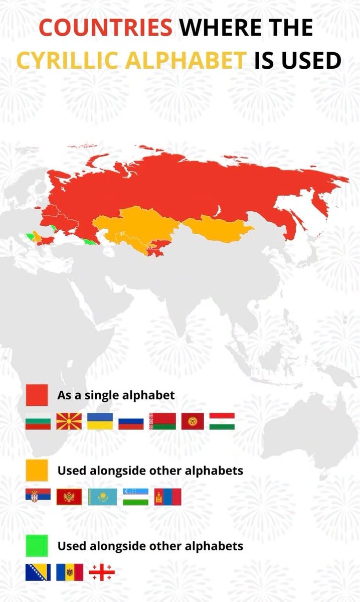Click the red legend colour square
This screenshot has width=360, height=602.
click(x=37, y=395)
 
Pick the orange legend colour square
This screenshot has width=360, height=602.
click(x=37, y=471)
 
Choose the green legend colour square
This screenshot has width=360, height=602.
click(x=37, y=545)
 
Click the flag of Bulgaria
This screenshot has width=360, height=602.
click(x=38, y=422)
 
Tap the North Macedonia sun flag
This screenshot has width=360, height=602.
click(x=69, y=422)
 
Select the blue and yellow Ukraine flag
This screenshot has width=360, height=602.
click(x=100, y=422)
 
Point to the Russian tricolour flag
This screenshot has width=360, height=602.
click(x=131, y=422)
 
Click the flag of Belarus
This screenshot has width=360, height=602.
click(x=162, y=422)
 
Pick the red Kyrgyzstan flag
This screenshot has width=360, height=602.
click(x=193, y=422)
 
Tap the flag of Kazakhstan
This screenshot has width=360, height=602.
click(x=102, y=497)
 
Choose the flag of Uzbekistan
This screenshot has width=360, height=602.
click(x=136, y=497)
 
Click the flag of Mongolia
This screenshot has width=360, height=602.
click(x=167, y=497)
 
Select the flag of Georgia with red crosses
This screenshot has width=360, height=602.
click(x=102, y=572)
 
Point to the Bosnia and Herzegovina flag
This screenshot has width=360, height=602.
click(x=38, y=572)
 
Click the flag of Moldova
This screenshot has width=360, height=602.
click(x=69, y=572)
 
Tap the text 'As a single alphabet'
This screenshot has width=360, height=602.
click(x=116, y=395)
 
